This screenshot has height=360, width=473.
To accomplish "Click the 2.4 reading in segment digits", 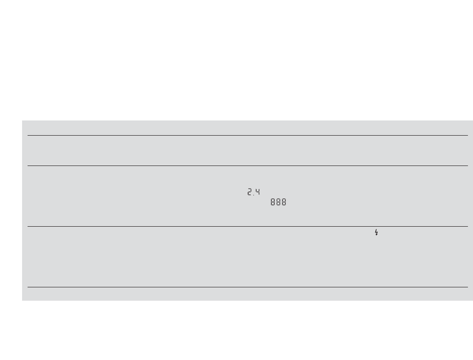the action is (253, 192).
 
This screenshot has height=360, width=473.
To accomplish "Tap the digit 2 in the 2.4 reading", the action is (250, 192).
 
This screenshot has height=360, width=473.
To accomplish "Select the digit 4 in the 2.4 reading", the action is (257, 192).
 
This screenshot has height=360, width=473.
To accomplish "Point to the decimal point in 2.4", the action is (253, 195).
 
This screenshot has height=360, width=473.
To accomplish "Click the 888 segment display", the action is (278, 202).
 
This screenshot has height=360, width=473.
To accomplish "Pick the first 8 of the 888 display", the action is (273, 202).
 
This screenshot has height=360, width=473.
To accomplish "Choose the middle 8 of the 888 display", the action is (278, 202).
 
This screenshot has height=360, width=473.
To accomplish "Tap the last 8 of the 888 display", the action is (284, 202).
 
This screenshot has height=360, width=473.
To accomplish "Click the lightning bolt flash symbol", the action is (376, 232).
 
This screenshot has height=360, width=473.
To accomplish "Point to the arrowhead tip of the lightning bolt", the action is (376, 235).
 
